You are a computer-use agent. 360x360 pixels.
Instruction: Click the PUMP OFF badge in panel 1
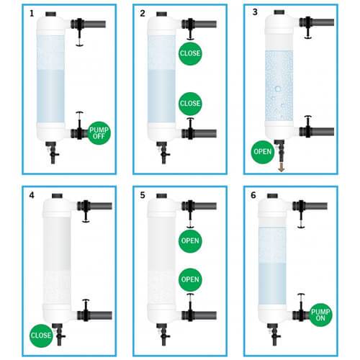click(x=99, y=133)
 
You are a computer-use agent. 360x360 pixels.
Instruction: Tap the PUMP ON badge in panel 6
click(x=320, y=315)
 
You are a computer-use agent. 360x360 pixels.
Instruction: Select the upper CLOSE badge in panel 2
click(x=190, y=53)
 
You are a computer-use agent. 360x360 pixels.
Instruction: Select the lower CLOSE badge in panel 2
click(x=190, y=104)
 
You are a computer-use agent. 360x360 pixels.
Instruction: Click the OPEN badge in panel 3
click(x=263, y=152)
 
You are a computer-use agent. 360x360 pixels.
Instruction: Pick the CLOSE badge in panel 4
click(x=41, y=336)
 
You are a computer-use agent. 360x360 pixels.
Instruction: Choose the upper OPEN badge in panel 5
click(x=190, y=241)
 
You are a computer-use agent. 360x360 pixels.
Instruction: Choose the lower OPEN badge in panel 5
click(x=190, y=279)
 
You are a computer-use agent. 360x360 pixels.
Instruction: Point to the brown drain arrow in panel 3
click(x=282, y=167)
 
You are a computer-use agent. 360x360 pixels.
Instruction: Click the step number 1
click(x=32, y=14)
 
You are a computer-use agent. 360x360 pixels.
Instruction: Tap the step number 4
click(x=32, y=195)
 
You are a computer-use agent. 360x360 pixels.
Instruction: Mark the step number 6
click(x=253, y=195)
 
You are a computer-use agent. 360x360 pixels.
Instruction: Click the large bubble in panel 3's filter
click(x=278, y=89)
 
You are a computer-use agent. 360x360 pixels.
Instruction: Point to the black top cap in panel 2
click(x=162, y=14)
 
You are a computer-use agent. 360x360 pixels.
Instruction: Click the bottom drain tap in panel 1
click(x=53, y=153)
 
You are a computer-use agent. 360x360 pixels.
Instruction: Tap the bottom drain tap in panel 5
click(x=163, y=335)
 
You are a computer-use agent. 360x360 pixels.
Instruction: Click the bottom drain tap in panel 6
click(x=274, y=335)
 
